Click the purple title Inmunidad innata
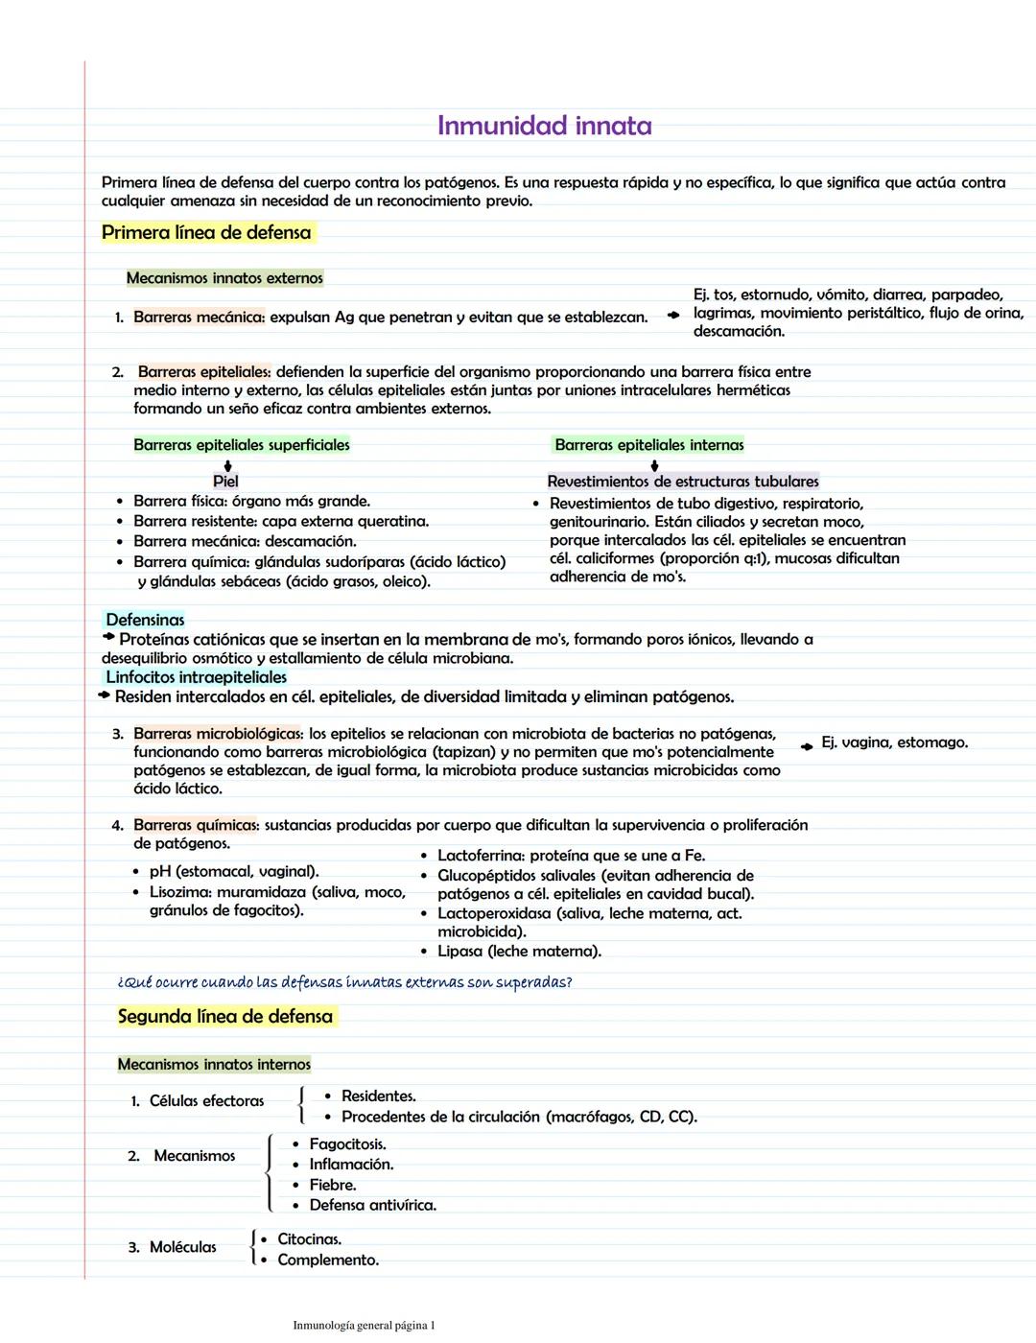click(x=544, y=126)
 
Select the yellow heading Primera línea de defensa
click(x=206, y=233)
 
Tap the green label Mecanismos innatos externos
click(x=224, y=278)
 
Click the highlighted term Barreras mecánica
click(x=199, y=318)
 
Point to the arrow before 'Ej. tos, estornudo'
click(x=673, y=315)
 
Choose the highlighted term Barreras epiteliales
click(x=204, y=372)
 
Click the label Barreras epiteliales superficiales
click(x=242, y=445)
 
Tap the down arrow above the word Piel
click(x=227, y=464)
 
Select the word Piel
click(x=225, y=482)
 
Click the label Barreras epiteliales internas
click(x=649, y=445)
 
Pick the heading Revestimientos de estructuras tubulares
click(x=683, y=482)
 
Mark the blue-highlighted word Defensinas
click(x=145, y=621)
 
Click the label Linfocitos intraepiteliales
click(x=196, y=677)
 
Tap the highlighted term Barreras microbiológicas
click(x=218, y=735)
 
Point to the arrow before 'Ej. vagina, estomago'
click(x=807, y=744)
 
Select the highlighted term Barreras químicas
click(x=196, y=826)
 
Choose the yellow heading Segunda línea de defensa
click(x=225, y=1017)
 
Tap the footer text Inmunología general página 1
click(x=364, y=1326)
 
